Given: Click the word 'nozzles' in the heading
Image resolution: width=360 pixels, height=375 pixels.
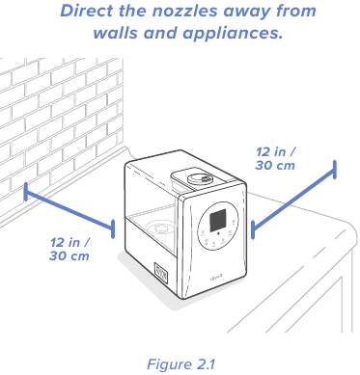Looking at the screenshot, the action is click(184, 11).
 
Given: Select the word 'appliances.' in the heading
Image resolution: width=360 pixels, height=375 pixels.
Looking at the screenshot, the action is click(234, 34).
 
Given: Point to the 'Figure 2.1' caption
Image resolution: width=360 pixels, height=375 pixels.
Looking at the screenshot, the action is click(180, 364).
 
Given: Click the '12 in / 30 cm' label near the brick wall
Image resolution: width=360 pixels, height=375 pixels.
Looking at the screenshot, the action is click(69, 249).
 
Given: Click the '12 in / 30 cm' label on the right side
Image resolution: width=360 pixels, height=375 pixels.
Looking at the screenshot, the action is click(275, 158).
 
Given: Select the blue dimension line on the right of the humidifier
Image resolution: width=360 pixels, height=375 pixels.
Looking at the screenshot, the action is click(293, 200).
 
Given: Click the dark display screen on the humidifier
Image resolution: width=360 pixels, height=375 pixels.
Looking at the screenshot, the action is click(219, 221).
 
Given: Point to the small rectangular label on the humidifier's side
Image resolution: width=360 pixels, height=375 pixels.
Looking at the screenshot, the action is click(161, 273).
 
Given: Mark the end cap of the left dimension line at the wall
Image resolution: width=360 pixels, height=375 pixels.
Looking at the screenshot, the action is click(26, 192).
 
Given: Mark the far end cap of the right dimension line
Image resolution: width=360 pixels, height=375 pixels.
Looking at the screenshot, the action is click(335, 170).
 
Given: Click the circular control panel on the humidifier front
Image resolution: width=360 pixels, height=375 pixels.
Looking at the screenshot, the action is click(218, 226).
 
